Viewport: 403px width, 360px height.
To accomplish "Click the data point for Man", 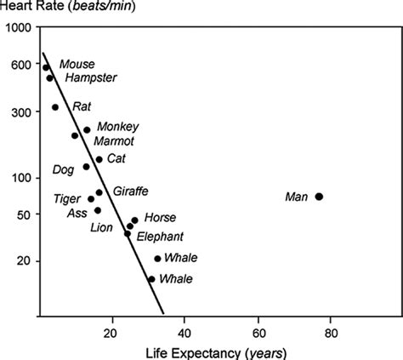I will click(x=319, y=197).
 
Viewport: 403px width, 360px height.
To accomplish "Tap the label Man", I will click(x=296, y=197).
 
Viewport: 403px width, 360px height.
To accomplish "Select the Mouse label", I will click(x=77, y=65).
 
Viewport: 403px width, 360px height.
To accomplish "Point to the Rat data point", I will click(x=55, y=107).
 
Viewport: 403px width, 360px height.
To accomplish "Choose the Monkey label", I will click(x=118, y=126).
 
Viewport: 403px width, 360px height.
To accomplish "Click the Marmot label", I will click(x=113, y=140).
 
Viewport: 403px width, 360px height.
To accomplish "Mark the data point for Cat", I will click(x=99, y=159).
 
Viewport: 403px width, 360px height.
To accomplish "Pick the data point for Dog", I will click(x=86, y=166).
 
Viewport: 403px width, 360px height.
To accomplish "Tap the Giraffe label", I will click(x=125, y=191).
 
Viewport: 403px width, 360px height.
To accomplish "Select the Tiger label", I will click(x=67, y=198).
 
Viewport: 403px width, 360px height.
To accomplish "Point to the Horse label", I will click(x=160, y=218).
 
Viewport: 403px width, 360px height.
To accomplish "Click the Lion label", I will click(x=101, y=227).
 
